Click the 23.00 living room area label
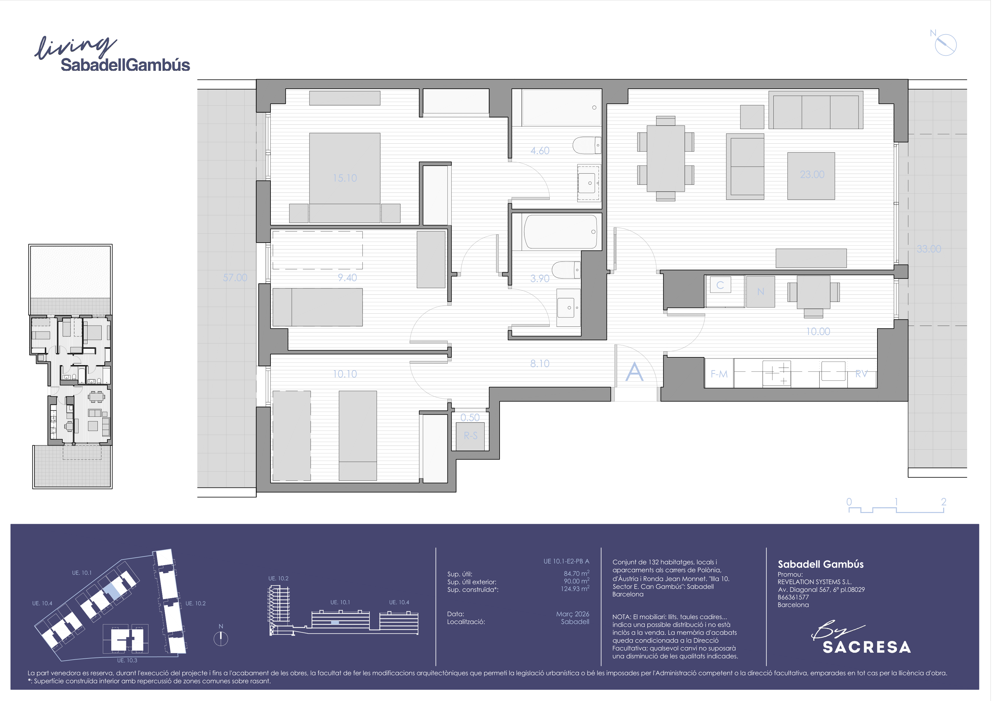click(x=812, y=175)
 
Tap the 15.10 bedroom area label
click(x=345, y=178)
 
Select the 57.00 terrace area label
click(x=235, y=278)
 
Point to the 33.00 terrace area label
click(x=929, y=249)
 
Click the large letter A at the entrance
click(x=634, y=371)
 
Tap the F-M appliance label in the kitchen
click(x=719, y=374)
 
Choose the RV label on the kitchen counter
click(x=861, y=374)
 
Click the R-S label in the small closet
click(x=471, y=436)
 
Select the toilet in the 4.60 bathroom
click(x=586, y=145)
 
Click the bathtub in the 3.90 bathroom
click(x=560, y=232)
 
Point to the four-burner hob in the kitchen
click(x=777, y=373)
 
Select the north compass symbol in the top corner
click(x=945, y=44)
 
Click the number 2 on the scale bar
click(x=944, y=501)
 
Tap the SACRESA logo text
click(x=867, y=647)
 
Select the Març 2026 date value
click(x=572, y=614)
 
